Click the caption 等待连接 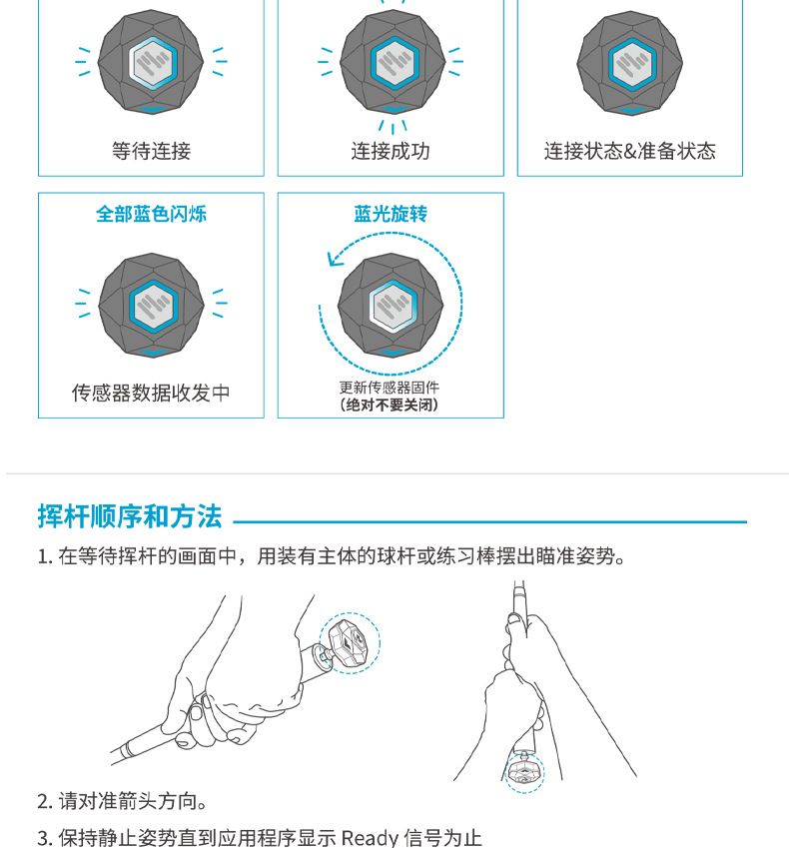(151, 151)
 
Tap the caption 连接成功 (391, 151)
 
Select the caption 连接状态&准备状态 (630, 151)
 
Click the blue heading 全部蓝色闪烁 (151, 214)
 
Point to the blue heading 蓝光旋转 (391, 214)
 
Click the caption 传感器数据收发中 (151, 393)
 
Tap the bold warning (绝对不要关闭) (390, 405)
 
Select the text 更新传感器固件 (390, 388)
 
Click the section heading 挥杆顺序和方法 (130, 516)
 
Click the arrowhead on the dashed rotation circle (335, 260)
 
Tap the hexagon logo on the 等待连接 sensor (153, 63)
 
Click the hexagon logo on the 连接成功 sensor (394, 63)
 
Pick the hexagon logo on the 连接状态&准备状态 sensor (632, 64)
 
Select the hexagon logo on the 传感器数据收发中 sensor (154, 306)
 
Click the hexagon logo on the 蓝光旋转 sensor (394, 306)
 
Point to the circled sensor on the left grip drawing (350, 643)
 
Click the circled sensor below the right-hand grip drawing (524, 772)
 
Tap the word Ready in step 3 (371, 838)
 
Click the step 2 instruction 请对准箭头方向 (122, 801)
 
